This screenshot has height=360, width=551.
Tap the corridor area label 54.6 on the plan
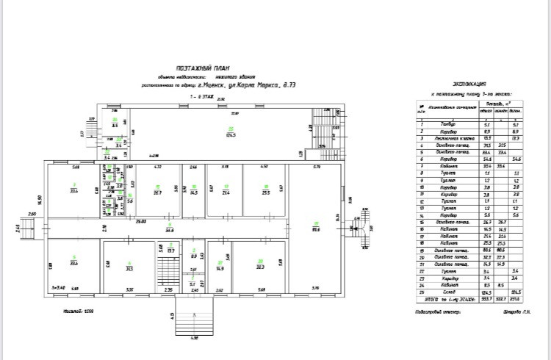169,230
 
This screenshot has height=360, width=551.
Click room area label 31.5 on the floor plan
129,268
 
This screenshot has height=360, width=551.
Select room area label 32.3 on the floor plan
259,267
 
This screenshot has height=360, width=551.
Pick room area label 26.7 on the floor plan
156,192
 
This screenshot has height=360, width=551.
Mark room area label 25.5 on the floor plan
265,192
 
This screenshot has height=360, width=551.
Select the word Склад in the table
444,292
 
